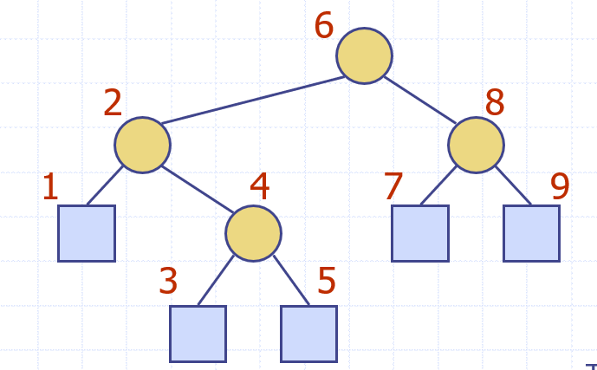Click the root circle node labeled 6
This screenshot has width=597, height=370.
(364, 55)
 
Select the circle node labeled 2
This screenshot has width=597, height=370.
(142, 145)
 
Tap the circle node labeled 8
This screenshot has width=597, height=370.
(476, 145)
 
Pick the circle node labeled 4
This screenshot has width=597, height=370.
(253, 233)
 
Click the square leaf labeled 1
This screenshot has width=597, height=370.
(87, 233)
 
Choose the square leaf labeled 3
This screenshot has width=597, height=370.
(198, 334)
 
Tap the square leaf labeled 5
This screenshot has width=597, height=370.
(308, 334)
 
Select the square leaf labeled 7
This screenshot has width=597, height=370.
(420, 233)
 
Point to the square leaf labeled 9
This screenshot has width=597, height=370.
(531, 233)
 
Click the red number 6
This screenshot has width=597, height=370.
(324, 26)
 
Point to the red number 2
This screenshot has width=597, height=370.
(113, 104)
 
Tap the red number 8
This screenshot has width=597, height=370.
(495, 104)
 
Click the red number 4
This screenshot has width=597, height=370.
(260, 186)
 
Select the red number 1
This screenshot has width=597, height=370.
(50, 187)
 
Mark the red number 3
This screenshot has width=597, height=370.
(168, 282)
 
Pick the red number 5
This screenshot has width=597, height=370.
(327, 282)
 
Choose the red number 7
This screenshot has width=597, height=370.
(393, 187)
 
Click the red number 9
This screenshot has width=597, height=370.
(560, 187)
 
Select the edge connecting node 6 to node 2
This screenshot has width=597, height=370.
(253, 100)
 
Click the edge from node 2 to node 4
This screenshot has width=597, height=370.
(198, 189)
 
